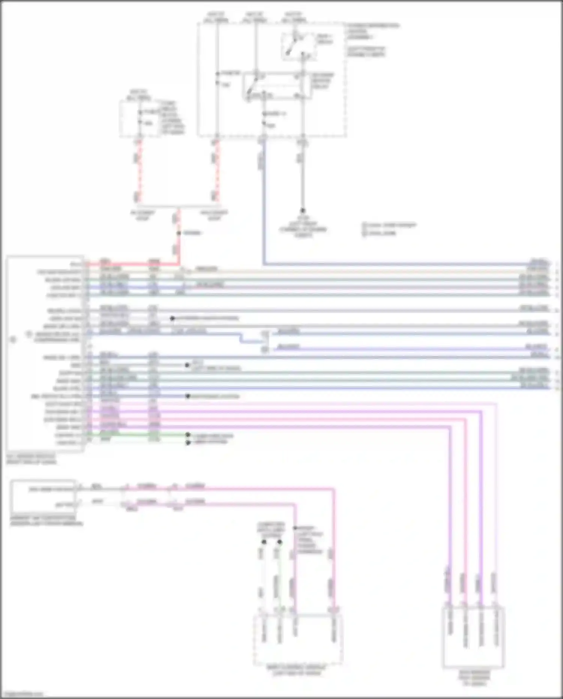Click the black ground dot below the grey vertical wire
[x=302, y=211]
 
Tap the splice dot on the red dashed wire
[x=179, y=233]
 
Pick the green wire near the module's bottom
[x=135, y=435]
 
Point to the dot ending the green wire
[x=187, y=436]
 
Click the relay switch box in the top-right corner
[x=298, y=47]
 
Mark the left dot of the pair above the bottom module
[x=264, y=542]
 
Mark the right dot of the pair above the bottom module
[x=280, y=542]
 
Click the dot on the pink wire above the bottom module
[x=295, y=528]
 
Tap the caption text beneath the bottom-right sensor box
[x=474, y=677]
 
